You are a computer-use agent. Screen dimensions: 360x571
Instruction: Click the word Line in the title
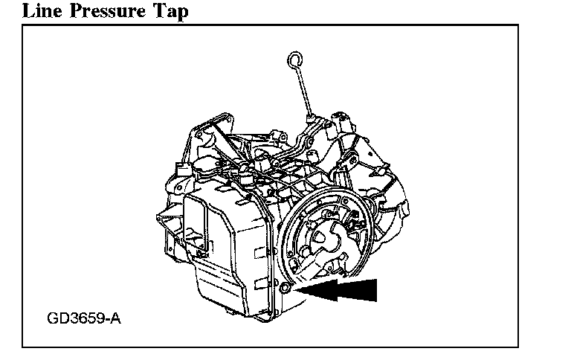[22, 10]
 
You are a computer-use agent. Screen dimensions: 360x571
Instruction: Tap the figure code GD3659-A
[83, 319]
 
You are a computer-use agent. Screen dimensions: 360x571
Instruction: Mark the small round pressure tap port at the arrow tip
[285, 287]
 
